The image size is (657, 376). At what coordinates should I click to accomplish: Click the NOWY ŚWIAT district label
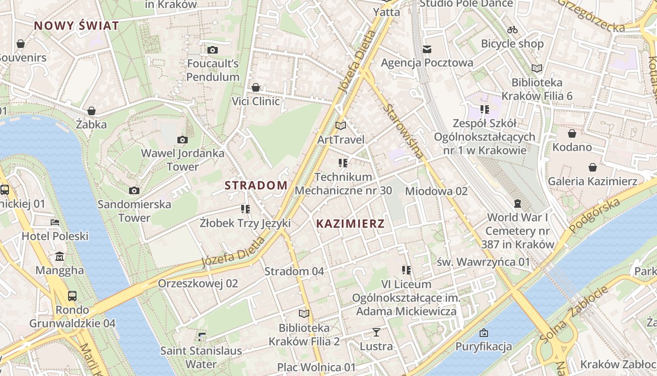(76, 25)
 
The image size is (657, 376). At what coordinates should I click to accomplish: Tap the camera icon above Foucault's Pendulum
(212, 50)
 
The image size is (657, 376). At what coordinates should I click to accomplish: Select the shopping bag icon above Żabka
(92, 111)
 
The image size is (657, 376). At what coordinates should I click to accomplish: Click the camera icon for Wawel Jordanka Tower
(183, 140)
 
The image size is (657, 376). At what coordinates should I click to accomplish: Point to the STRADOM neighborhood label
(256, 185)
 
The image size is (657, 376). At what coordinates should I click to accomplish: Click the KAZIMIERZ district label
(350, 224)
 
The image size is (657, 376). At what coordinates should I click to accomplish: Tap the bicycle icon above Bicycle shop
(512, 30)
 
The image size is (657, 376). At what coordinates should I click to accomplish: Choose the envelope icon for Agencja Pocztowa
(427, 49)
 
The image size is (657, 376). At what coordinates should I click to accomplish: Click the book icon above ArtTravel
(341, 126)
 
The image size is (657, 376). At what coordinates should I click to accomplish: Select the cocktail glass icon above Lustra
(376, 333)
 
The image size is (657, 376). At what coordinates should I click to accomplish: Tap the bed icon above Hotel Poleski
(55, 222)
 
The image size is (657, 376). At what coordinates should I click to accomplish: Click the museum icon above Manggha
(60, 257)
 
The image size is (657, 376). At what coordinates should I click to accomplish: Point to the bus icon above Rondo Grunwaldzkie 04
(72, 296)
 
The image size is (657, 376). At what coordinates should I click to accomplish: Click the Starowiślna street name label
(403, 131)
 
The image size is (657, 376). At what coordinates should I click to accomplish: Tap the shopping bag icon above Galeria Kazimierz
(593, 167)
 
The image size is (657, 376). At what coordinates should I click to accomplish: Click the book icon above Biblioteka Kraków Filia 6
(537, 69)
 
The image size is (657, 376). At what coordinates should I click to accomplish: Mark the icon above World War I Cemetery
(517, 204)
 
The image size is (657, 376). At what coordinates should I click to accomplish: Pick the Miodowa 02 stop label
(436, 191)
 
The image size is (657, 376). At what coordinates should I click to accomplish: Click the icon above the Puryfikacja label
(483, 333)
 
